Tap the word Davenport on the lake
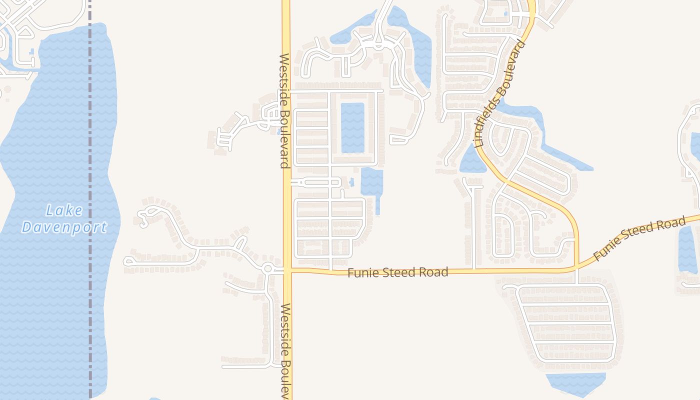tap(64, 227)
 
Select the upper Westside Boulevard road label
tap(284, 111)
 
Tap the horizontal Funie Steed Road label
tap(397, 272)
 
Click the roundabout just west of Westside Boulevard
tap(268, 268)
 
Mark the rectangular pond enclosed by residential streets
tap(352, 127)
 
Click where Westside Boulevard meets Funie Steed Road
tap(287, 270)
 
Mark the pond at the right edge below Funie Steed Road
tap(687, 250)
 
